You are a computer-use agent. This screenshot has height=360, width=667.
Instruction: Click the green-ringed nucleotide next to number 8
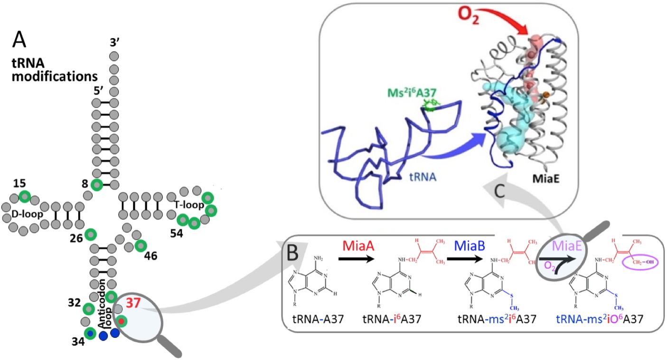(x=97, y=185)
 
